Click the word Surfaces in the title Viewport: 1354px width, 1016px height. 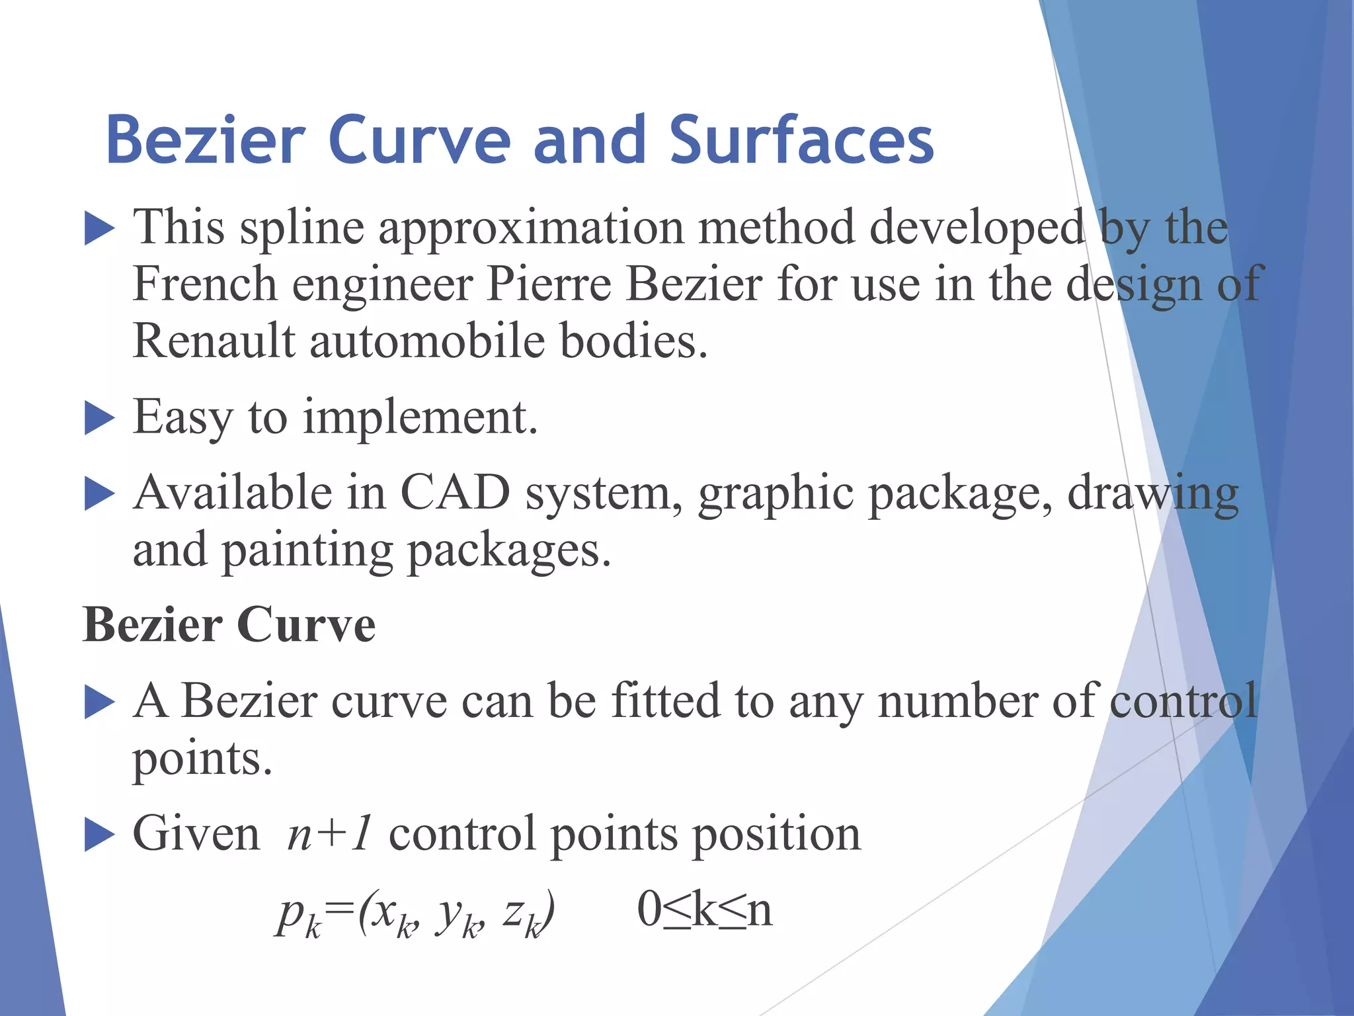(801, 140)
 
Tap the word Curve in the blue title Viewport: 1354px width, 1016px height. (419, 140)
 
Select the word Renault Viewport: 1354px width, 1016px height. (214, 341)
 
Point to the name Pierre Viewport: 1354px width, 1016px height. (549, 284)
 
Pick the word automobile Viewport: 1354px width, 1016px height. (427, 341)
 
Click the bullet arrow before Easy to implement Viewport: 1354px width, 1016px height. (100, 419)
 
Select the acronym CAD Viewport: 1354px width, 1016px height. (456, 493)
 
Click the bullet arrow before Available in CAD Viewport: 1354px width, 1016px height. (100, 495)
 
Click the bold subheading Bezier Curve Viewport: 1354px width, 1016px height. (229, 624)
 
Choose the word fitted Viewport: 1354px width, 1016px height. (665, 700)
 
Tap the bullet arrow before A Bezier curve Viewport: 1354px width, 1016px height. (100, 703)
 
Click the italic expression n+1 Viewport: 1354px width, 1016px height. (329, 833)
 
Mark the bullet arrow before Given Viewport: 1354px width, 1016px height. (100, 836)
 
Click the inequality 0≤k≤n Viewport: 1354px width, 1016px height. (704, 910)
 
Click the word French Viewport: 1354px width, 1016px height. (205, 284)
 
